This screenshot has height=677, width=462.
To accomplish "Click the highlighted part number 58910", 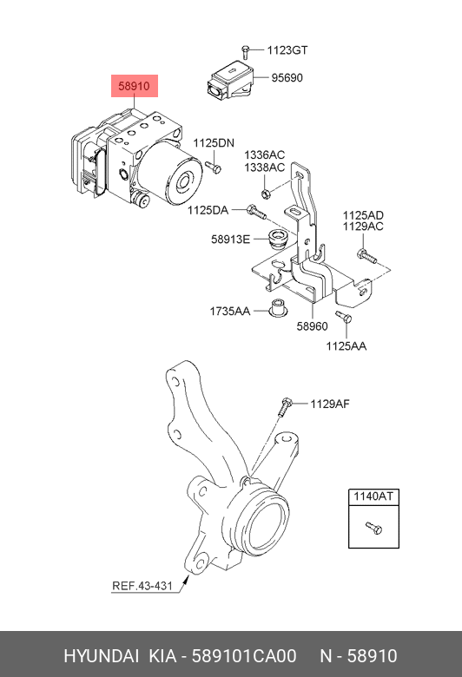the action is (134, 86).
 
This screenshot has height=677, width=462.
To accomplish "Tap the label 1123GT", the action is (287, 50).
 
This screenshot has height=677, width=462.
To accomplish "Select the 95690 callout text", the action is (287, 78).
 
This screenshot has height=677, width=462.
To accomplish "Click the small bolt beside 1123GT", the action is (245, 51).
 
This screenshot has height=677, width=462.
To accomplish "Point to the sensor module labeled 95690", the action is (229, 80).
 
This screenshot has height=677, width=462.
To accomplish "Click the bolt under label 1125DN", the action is (213, 167).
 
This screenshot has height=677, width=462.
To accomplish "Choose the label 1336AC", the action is (265, 154).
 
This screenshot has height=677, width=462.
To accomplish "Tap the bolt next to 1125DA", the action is (256, 213).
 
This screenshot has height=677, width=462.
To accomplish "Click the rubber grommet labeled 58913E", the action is (277, 240).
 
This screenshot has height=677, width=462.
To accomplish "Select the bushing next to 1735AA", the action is (277, 307).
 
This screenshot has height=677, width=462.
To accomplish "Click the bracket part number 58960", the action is (312, 326).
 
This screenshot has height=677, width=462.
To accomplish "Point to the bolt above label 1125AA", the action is (344, 317).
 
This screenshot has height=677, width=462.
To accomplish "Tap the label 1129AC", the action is (363, 227).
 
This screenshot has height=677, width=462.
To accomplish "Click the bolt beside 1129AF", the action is (285, 406).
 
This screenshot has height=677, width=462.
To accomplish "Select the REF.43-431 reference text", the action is (142, 586).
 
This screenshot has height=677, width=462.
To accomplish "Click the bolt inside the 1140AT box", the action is (373, 527).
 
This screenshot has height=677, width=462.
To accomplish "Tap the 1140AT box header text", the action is (373, 496).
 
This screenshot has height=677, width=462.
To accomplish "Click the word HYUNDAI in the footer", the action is (101, 656).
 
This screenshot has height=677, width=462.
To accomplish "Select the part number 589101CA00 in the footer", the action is (244, 656).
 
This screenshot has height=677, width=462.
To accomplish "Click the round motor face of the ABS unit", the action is (186, 181).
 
